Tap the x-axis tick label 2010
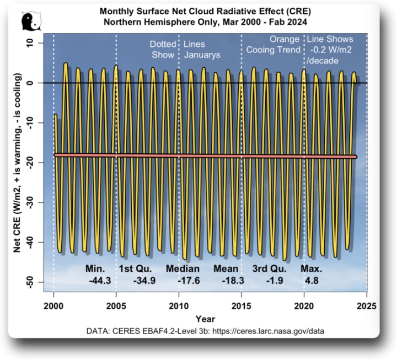point(179,306)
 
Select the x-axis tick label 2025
point(367,306)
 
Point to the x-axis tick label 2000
point(53,306)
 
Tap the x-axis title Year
point(205,319)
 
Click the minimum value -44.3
point(99,281)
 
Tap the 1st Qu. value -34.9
point(144,281)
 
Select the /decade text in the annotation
point(323,60)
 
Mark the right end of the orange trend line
point(355,157)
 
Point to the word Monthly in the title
point(119,11)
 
